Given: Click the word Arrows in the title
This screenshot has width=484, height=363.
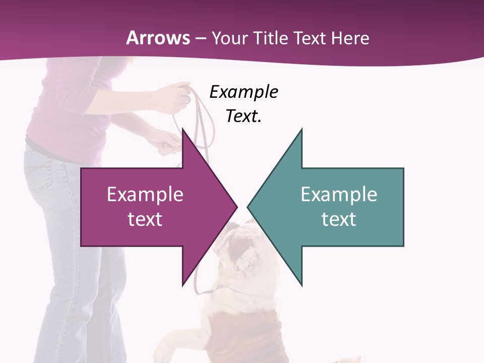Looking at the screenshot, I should [x=158, y=38].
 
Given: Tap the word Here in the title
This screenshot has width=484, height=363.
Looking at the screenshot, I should [x=350, y=38].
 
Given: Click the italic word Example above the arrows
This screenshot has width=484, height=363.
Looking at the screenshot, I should [x=244, y=92].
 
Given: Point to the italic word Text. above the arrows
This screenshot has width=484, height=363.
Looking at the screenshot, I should [x=244, y=116].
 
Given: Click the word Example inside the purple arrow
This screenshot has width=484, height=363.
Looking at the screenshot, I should [x=145, y=195].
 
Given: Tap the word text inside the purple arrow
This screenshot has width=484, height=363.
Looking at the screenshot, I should [x=145, y=219].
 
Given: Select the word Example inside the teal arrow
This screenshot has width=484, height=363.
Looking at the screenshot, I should [x=339, y=195].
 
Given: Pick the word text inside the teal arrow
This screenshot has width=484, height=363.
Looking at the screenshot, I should [x=339, y=219].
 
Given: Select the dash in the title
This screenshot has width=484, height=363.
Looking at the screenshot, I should [x=200, y=38].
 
